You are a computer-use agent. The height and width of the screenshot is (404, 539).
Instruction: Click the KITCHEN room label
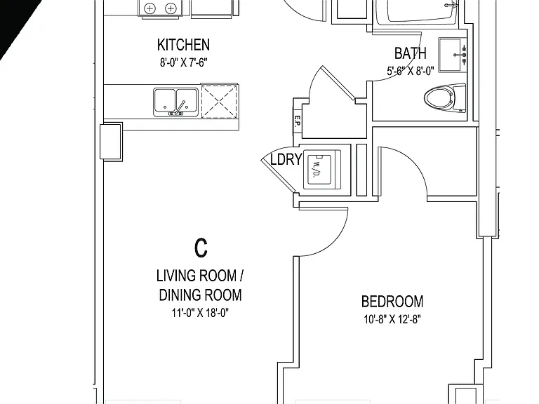tap(183, 45)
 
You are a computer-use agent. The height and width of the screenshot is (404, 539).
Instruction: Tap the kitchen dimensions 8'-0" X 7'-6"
tap(184, 62)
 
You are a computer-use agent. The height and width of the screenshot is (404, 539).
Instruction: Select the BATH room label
tap(411, 53)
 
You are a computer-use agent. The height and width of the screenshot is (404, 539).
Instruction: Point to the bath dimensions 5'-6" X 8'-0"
tap(411, 71)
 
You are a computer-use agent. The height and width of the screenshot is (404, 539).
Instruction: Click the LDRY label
tap(286, 159)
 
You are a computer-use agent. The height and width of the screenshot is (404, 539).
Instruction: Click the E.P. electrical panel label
tap(298, 121)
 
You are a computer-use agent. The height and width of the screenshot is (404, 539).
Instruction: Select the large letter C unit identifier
tap(201, 248)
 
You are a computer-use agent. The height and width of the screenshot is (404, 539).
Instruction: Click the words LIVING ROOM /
tap(200, 276)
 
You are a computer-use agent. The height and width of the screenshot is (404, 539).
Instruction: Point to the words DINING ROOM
tap(201, 295)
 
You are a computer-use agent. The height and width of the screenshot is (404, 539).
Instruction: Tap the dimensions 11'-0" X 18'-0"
tap(201, 313)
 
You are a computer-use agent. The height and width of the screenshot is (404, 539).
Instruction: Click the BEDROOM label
tap(392, 302)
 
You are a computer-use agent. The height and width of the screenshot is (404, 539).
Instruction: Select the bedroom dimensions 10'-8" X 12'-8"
tap(392, 320)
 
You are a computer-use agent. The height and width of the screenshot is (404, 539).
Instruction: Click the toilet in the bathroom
tap(445, 98)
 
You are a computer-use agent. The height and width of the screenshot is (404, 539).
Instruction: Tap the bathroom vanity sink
tap(453, 55)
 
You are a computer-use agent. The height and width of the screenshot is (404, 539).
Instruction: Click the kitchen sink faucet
tap(180, 108)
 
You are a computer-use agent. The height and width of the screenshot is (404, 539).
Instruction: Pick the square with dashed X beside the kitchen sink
tap(219, 101)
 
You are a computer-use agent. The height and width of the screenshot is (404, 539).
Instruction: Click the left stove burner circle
tap(150, 8)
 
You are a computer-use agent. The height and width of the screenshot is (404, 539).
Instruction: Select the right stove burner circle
tap(171, 8)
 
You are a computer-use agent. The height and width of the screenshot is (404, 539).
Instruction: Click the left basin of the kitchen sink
tap(165, 100)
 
